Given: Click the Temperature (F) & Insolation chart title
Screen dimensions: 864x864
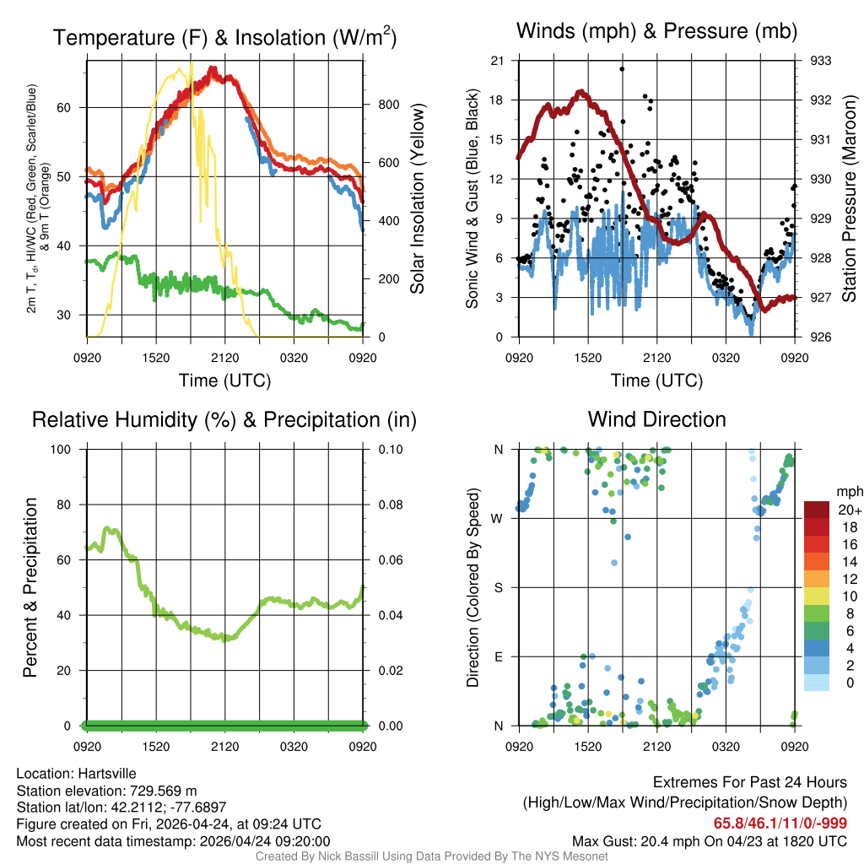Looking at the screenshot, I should coord(224,37).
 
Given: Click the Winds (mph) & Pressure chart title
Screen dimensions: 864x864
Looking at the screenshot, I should coord(656,31).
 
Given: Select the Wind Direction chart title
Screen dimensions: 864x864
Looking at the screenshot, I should coord(656,419).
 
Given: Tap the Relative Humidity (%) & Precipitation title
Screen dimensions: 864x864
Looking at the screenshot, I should coord(224,419).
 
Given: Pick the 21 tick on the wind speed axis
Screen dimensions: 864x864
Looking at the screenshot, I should coord(497,61).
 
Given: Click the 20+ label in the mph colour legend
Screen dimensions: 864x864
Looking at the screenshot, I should coord(849,510).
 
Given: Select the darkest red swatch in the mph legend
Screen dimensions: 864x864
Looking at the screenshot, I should coord(817,510).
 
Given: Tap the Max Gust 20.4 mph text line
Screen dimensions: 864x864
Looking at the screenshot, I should coord(710,840).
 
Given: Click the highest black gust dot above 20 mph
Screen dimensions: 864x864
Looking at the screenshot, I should coord(622,69).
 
